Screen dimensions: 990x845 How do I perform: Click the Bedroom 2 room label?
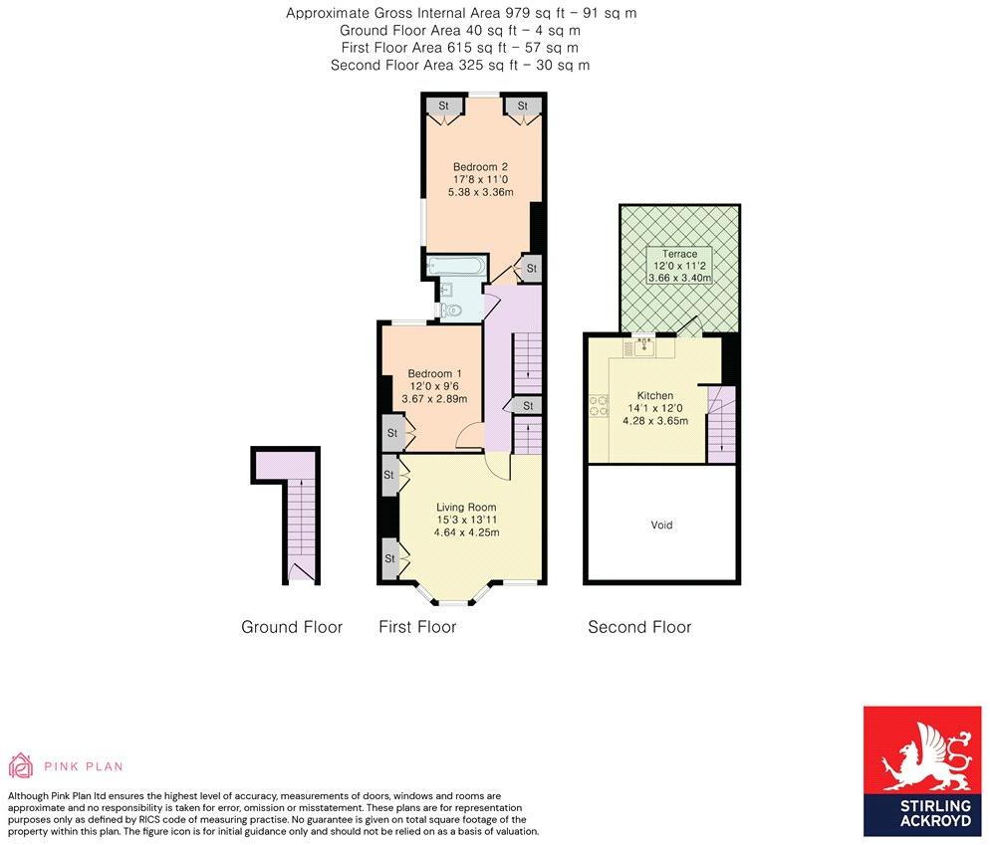click(x=480, y=167)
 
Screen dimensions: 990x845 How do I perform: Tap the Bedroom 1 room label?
click(x=434, y=373)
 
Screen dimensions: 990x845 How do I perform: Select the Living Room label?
click(x=466, y=507)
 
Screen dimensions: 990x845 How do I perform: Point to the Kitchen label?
click(x=654, y=396)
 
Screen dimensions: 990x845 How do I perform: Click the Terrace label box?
click(x=680, y=265)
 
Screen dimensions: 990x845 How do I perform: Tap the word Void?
click(x=661, y=525)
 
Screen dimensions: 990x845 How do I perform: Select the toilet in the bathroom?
click(x=451, y=310)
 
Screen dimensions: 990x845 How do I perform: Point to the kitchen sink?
click(x=644, y=346)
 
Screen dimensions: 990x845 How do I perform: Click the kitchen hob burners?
click(x=599, y=406)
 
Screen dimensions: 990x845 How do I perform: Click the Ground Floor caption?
click(x=292, y=627)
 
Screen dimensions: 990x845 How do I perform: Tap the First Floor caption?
click(x=417, y=627)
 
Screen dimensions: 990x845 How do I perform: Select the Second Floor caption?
click(x=639, y=627)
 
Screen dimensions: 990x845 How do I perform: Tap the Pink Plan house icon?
click(x=20, y=764)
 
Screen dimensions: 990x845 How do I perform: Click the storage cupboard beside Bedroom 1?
click(x=392, y=433)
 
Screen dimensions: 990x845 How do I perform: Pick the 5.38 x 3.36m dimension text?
click(x=480, y=192)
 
